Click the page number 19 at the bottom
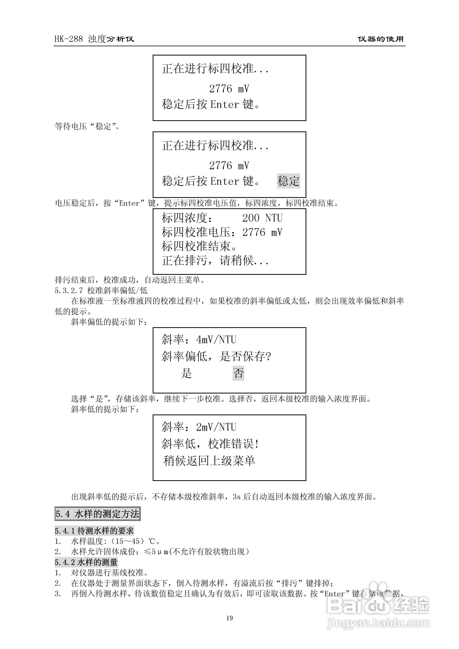(x=229, y=618)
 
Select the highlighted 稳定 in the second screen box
(x=288, y=181)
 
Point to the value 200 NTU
(x=262, y=218)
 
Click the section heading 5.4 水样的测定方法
(x=97, y=514)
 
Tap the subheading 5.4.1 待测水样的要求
(x=94, y=530)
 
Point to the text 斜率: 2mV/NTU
(x=199, y=427)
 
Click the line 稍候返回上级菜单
(x=209, y=461)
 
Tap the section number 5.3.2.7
(x=69, y=290)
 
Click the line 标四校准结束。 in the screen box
(x=199, y=246)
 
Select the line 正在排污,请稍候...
(x=215, y=260)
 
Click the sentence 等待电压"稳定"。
(x=87, y=126)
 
